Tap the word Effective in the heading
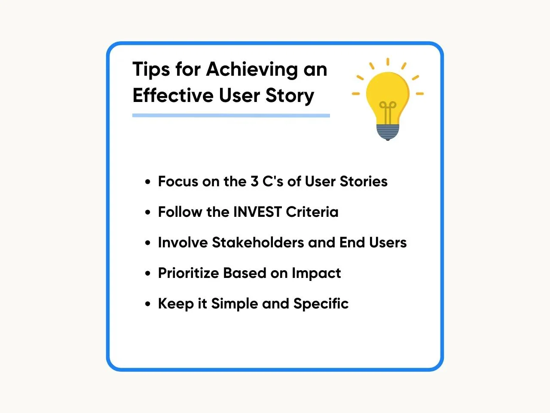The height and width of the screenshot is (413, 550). [x=173, y=95]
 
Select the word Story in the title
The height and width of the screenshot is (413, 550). [x=290, y=96]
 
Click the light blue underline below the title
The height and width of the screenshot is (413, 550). [x=231, y=115]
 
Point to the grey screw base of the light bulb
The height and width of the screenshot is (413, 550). [x=388, y=132]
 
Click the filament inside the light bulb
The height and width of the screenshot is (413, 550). [x=388, y=112]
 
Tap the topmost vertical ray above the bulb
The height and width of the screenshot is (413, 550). [x=388, y=62]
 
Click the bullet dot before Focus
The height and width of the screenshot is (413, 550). [x=147, y=182]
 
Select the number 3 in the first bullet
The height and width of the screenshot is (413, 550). [x=254, y=181]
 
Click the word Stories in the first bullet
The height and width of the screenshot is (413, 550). [x=364, y=181]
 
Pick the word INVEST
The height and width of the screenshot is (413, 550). [x=257, y=212]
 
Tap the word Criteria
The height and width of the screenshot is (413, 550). [x=312, y=212]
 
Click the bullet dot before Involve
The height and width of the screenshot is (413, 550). [x=147, y=243]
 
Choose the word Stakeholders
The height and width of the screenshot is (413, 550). [x=258, y=243]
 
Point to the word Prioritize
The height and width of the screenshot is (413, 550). [x=189, y=273]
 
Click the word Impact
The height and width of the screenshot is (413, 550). [x=316, y=273]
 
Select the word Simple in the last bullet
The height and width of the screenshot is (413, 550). [x=235, y=304]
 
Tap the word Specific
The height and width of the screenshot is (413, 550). [x=321, y=304]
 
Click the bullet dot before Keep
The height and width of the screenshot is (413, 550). [x=147, y=304]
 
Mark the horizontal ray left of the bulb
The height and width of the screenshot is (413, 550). [x=356, y=94]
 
